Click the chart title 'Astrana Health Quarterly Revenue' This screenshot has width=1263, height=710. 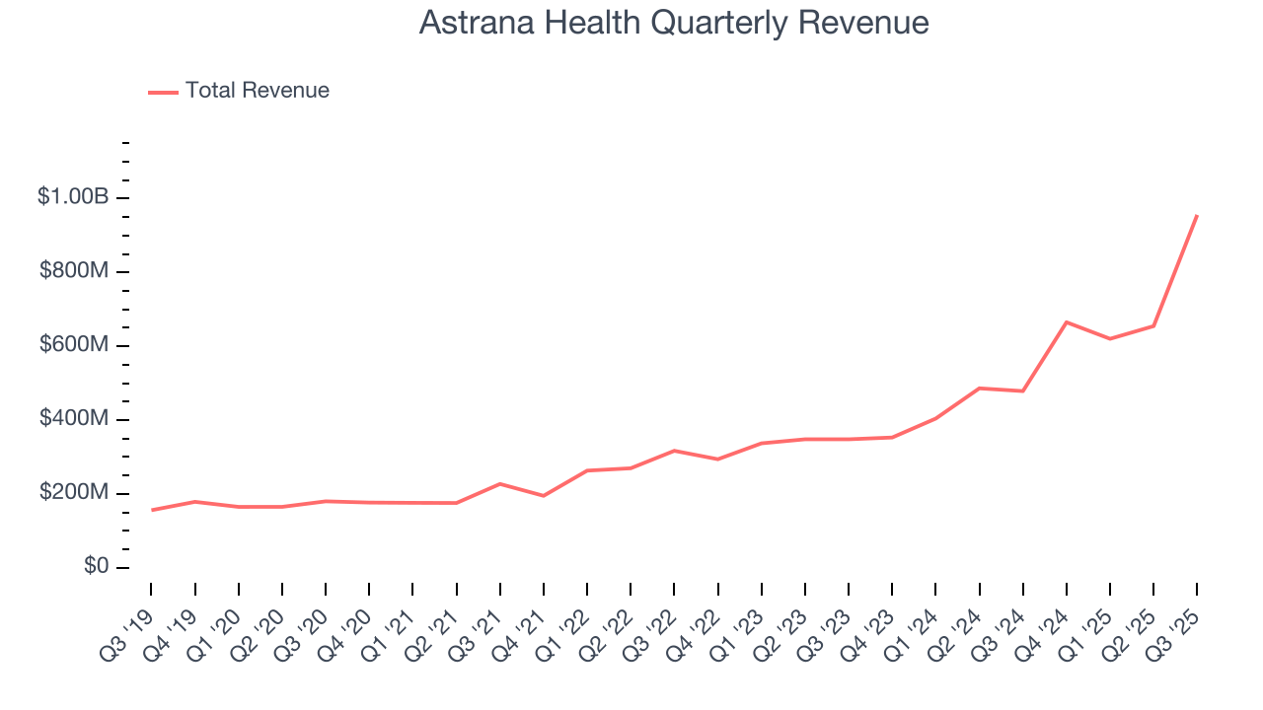click(x=674, y=23)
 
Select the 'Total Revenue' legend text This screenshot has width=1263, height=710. click(x=257, y=91)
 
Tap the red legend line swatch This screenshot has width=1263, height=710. click(x=163, y=92)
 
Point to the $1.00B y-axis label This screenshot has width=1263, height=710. click(x=73, y=197)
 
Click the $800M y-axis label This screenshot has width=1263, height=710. click(x=74, y=271)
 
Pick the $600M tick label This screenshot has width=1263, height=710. click(x=74, y=345)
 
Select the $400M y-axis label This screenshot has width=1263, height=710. click(x=74, y=419)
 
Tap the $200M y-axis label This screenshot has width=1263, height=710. click(x=74, y=493)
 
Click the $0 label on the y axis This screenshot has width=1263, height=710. click(x=96, y=567)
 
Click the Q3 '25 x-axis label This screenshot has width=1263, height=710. click(x=1176, y=627)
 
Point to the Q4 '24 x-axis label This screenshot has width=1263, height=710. click(x=1046, y=627)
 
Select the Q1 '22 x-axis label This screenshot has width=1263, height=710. click(x=566, y=627)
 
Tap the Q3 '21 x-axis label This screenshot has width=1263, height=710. click(x=480, y=627)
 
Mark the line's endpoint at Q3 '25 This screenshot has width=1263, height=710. click(x=1197, y=215)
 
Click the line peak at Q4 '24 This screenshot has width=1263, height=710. click(x=1067, y=322)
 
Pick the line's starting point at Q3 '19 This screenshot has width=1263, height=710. click(x=151, y=510)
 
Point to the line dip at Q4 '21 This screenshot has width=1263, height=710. click(x=544, y=495)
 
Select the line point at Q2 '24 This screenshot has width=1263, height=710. click(x=979, y=388)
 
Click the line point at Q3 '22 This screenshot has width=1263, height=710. click(x=674, y=451)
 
